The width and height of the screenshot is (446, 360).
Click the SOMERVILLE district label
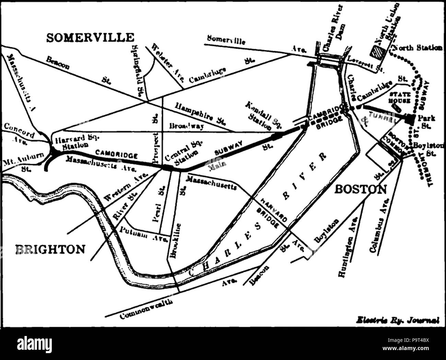coord(90,37)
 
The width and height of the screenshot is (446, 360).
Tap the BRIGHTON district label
coord(50,249)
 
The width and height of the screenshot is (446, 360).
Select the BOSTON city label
coord(360,189)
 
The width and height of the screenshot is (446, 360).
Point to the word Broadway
coord(187,126)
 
